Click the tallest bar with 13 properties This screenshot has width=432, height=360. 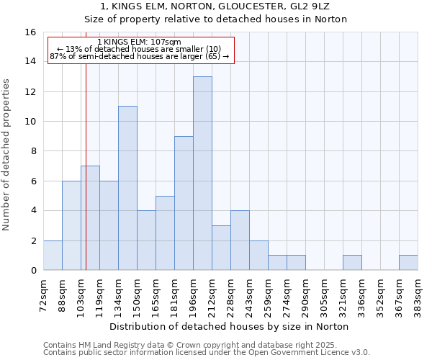click(x=202, y=174)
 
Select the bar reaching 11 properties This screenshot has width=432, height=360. click(x=127, y=188)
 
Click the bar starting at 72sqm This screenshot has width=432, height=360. click(x=53, y=256)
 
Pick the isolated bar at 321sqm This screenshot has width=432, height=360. click(x=352, y=263)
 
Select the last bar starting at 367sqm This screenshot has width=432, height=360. click(x=408, y=263)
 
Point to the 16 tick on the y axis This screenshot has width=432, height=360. click(x=30, y=32)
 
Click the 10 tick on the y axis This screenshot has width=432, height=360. click(x=30, y=122)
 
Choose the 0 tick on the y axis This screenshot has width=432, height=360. click(x=33, y=271)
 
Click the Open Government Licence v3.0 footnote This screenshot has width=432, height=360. click(x=207, y=353)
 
